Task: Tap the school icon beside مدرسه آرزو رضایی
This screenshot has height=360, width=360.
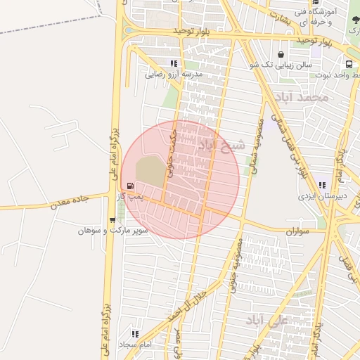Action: tap(173, 64)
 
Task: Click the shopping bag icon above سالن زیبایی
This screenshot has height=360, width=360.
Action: tap(281, 54)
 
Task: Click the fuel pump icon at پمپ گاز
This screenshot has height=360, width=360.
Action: tap(130, 186)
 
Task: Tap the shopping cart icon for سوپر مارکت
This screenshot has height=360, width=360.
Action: tap(112, 220)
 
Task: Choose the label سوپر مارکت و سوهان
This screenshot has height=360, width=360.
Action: tap(112, 230)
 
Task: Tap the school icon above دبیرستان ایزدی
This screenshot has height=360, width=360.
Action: tap(321, 185)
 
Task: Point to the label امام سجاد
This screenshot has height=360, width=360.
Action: tap(136, 345)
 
